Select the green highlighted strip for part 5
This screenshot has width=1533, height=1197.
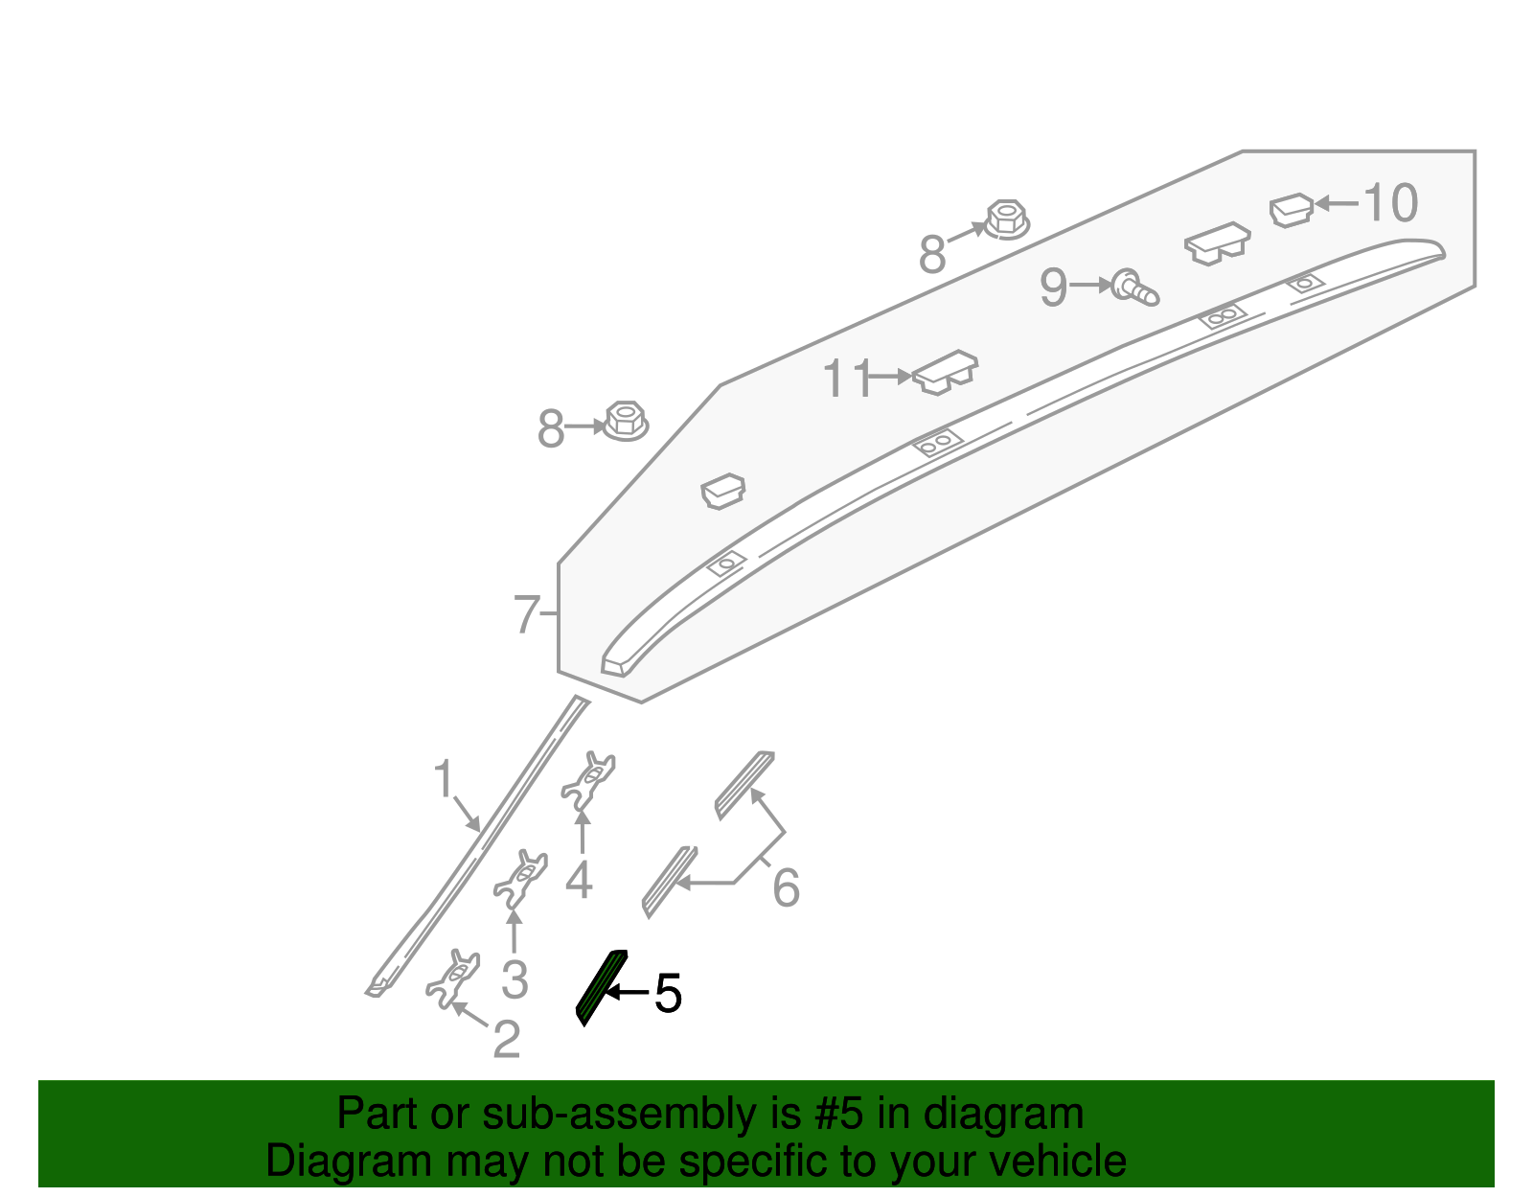pyautogui.click(x=601, y=987)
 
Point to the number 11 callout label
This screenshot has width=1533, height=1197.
pyautogui.click(x=847, y=379)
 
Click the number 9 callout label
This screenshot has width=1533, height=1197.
pyautogui.click(x=1054, y=287)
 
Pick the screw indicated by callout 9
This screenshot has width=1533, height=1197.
pyautogui.click(x=1134, y=287)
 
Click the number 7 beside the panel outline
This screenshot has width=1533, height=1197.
pyautogui.click(x=527, y=614)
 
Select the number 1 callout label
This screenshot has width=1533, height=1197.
pyautogui.click(x=443, y=779)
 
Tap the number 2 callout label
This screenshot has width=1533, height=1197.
pyautogui.click(x=506, y=1039)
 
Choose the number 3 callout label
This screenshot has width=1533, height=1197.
pyautogui.click(x=515, y=979)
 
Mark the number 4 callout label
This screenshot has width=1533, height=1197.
pyautogui.click(x=579, y=880)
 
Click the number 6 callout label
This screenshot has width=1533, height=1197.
pyautogui.click(x=786, y=887)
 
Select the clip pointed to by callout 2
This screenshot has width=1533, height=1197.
pyautogui.click(x=452, y=978)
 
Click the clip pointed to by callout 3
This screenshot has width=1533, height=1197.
pyautogui.click(x=521, y=877)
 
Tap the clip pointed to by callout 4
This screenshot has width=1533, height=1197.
pyautogui.click(x=588, y=778)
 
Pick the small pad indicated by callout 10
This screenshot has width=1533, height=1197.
pyautogui.click(x=1291, y=209)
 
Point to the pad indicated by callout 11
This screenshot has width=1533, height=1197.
pyautogui.click(x=945, y=372)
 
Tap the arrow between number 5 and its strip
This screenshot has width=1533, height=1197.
pyautogui.click(x=628, y=993)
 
